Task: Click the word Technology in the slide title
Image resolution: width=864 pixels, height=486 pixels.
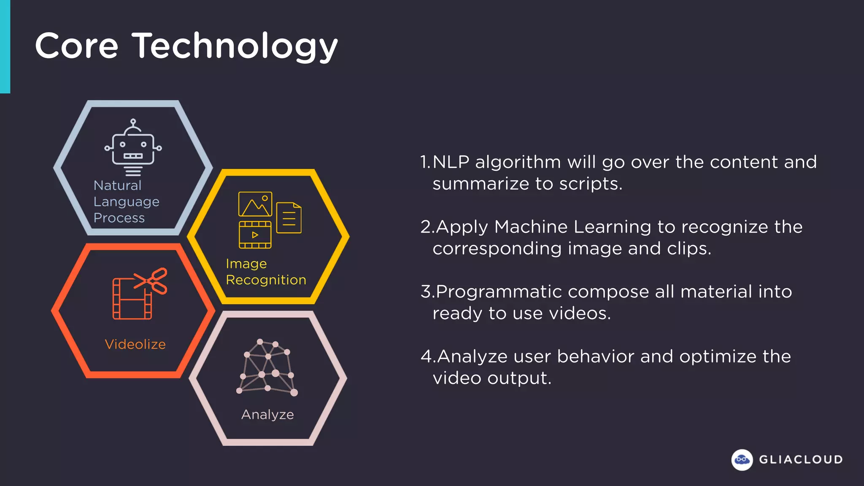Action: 235,46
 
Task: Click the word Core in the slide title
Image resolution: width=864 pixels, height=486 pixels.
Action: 77,46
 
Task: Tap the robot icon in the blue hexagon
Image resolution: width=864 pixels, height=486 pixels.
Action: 133,147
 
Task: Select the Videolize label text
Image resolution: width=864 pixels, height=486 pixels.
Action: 135,344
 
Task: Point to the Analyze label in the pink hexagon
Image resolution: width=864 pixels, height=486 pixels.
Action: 267,415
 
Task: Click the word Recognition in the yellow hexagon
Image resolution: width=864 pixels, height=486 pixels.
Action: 266,280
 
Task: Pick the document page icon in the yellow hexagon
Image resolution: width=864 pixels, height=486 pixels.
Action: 289,218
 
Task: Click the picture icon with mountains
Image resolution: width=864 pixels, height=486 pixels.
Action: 255,204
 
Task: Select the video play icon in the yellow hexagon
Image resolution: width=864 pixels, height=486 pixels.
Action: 255,235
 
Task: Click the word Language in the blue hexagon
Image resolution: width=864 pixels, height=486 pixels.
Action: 126,202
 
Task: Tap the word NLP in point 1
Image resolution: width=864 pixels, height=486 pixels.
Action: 451,162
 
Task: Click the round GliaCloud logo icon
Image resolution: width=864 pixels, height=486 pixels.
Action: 742,459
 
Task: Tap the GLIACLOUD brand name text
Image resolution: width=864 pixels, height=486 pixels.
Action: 801,459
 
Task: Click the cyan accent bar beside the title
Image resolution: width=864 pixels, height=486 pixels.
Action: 5,46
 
